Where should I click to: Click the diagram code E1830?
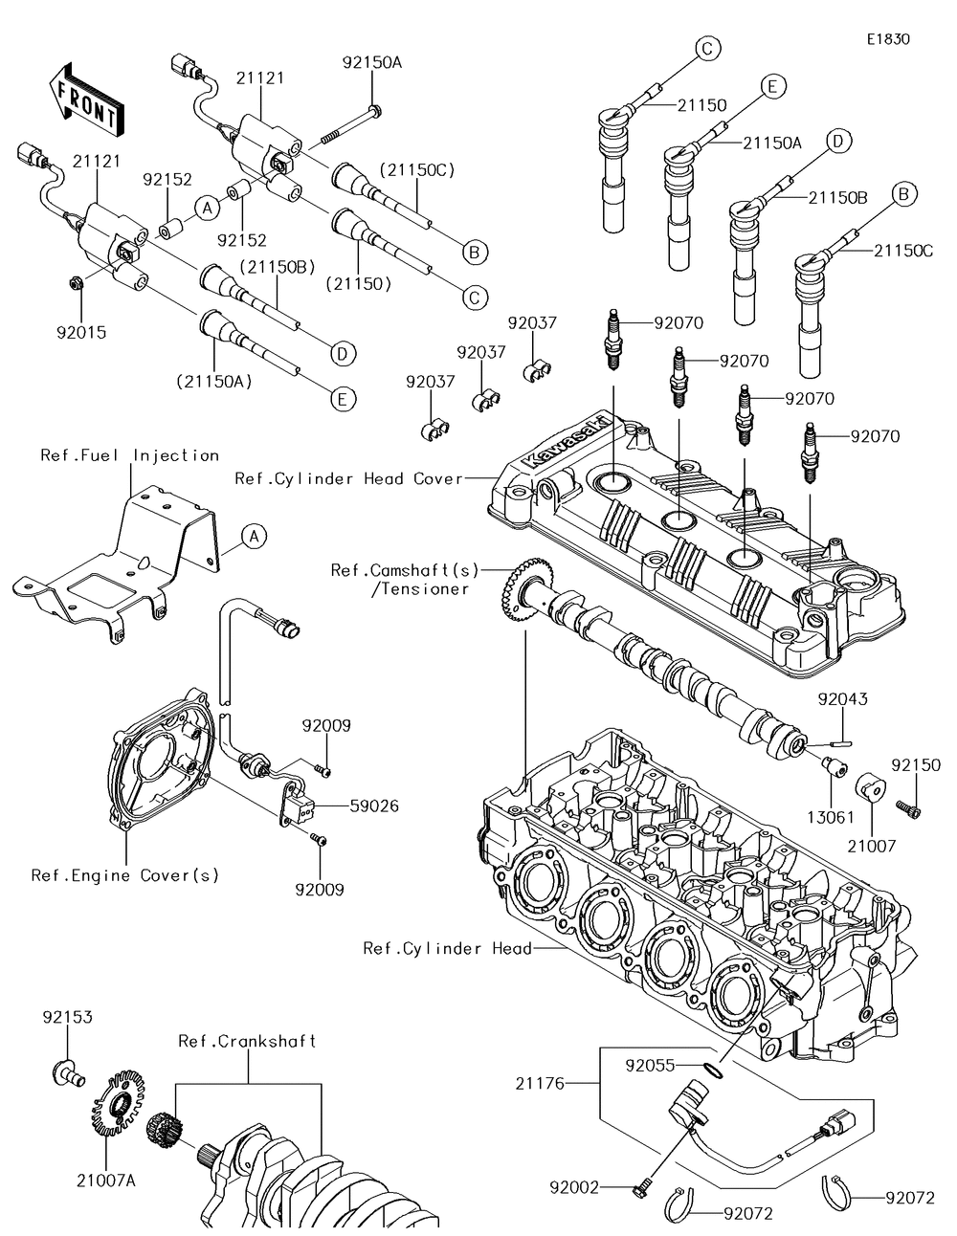pos(888,39)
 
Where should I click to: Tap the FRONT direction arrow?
pos(85,100)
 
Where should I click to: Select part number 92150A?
pos(372,63)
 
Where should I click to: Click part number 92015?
pos(80,333)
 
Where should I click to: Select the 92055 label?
pos(652,1064)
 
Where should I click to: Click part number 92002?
pos(574,1187)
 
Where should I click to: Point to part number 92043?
pos(843,699)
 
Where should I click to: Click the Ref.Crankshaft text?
pos(247,1041)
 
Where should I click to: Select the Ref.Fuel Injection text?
pos(129,455)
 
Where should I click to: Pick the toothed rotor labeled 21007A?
pos(119,1109)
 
